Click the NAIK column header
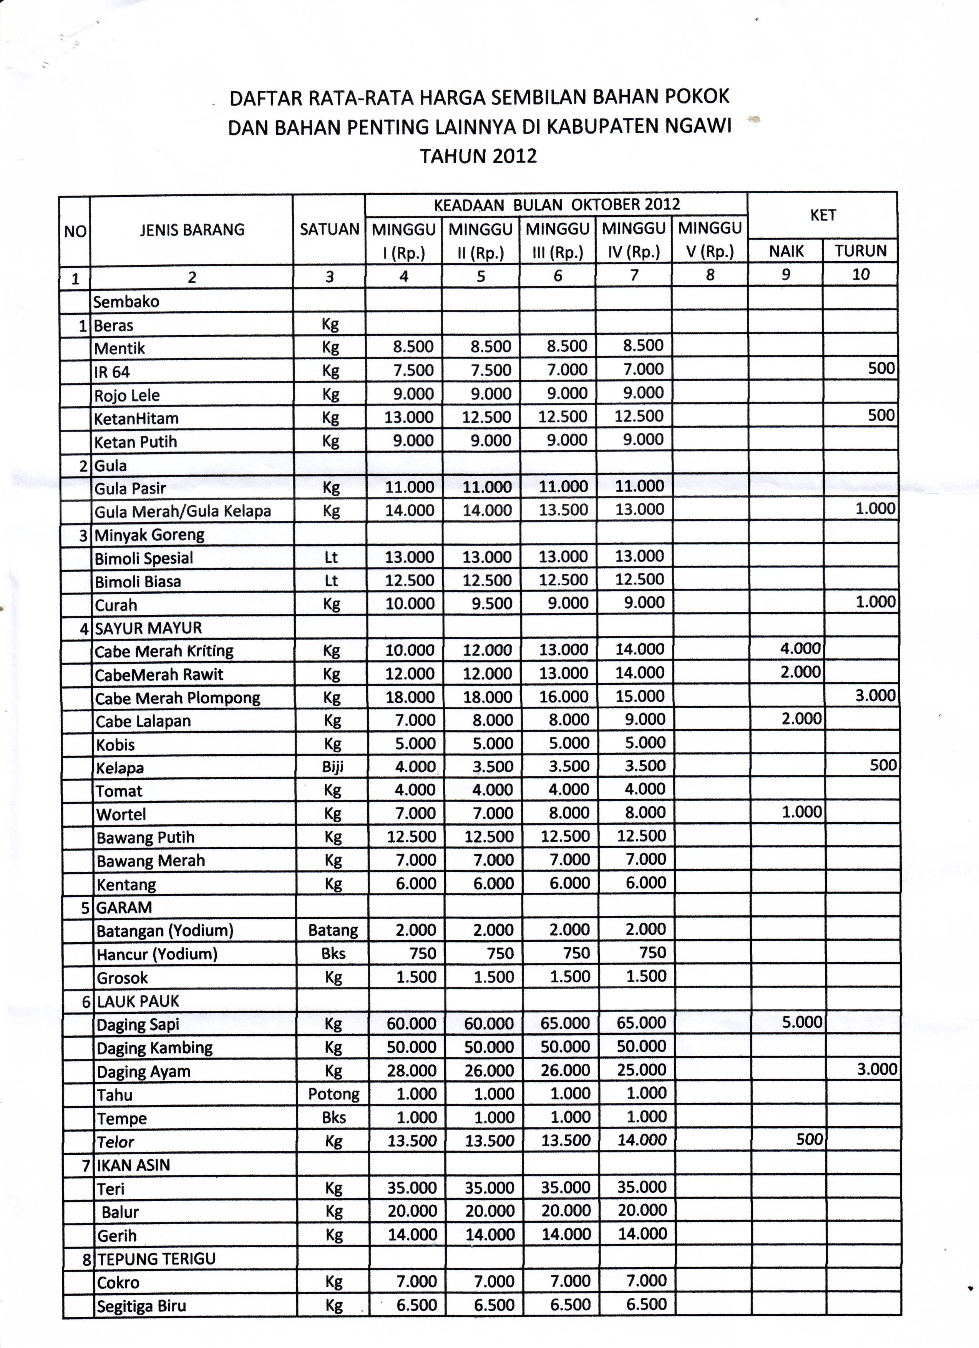click(786, 251)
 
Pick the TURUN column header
click(860, 251)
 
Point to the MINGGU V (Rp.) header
click(710, 240)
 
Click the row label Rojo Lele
click(127, 395)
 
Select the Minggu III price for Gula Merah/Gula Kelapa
click(563, 510)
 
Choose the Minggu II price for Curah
click(488, 604)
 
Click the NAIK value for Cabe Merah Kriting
click(800, 648)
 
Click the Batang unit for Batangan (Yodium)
click(333, 930)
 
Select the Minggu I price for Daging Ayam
click(412, 1071)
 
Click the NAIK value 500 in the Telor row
click(809, 1139)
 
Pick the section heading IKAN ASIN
click(133, 1165)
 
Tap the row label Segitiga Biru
click(141, 1306)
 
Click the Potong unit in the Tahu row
click(334, 1094)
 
